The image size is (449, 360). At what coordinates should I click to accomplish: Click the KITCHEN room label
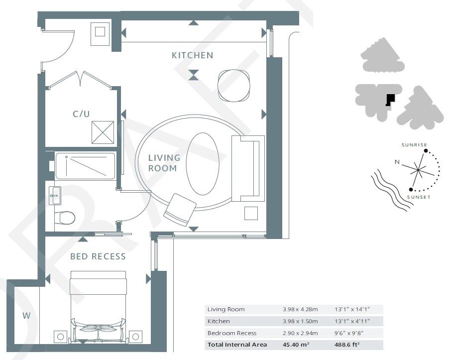192,55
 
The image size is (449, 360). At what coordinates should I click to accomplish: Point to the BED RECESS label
98,256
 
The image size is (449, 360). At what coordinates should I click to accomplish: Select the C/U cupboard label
81,114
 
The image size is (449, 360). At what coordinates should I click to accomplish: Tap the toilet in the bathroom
65,218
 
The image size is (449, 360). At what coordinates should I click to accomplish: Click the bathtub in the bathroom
85,166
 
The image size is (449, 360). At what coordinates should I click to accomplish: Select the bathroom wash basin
55,195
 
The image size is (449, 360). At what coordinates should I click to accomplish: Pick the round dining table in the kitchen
234,86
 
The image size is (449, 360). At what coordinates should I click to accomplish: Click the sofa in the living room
247,168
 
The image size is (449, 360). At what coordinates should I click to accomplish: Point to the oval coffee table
202,163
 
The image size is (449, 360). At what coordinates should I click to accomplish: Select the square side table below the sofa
251,213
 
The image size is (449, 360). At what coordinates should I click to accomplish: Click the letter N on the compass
397,162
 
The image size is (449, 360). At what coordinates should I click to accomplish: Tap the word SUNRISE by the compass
414,145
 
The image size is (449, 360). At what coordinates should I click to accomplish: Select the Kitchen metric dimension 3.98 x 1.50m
297,321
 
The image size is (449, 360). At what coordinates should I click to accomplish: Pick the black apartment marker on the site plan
390,99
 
